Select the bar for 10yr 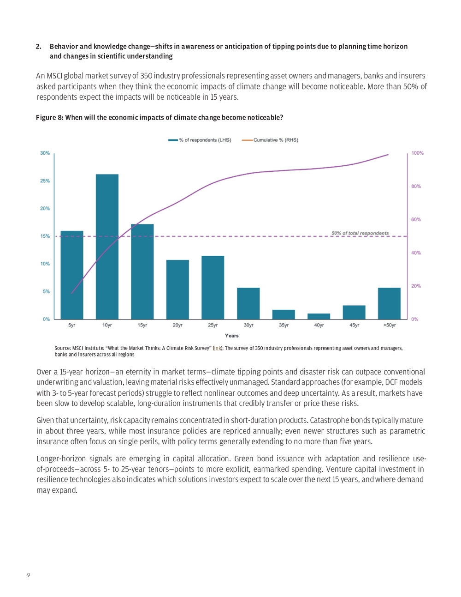click(107, 247)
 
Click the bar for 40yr click(319, 316)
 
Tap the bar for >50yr click(389, 303)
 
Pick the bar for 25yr click(213, 287)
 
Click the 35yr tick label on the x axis click(284, 325)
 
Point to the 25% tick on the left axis click(45, 181)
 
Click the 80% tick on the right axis click(416, 186)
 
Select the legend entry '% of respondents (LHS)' click(200, 140)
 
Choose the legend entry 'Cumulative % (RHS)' click(270, 140)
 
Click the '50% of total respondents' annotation click(360, 233)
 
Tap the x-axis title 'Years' click(232, 336)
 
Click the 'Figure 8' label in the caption click(49, 118)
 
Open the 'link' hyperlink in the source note click(218, 348)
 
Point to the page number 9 click(29, 575)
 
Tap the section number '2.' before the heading click(39, 47)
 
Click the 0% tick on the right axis click(414, 319)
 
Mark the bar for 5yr click(72, 275)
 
